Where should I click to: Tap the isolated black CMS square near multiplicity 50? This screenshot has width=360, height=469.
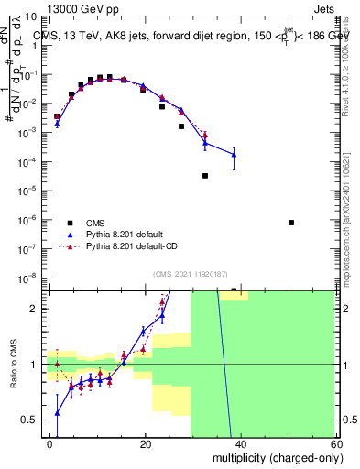(291, 223)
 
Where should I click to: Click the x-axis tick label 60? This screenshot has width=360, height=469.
(334, 443)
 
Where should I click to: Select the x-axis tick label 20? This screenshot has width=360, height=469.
(145, 443)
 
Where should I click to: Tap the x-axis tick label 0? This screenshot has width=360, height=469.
(49, 443)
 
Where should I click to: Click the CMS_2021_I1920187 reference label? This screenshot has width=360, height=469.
(190, 275)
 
